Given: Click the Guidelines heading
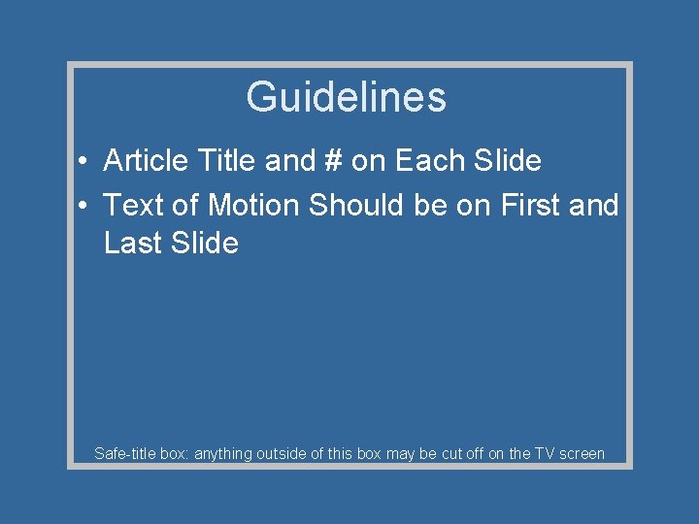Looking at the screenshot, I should pos(346,97).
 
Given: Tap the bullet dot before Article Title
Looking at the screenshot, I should pos(85,161).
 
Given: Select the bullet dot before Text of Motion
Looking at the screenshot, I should pos(85,206).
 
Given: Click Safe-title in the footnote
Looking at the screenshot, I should pos(124,453).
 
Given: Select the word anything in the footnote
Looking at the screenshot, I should pos(224,453).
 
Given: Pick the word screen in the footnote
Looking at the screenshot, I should pos(582,453).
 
